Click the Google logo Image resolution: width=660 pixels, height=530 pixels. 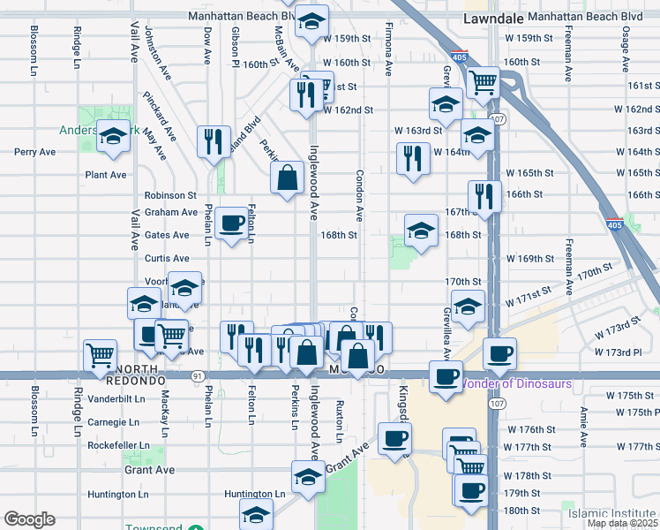coord(29,519)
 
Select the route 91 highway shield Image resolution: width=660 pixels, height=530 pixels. coord(196,376)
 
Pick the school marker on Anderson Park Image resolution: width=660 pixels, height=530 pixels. coord(114,136)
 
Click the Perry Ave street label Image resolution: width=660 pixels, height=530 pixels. coord(34,152)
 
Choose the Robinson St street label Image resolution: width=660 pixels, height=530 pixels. coord(170,194)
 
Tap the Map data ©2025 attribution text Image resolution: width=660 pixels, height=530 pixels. coord(621,523)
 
